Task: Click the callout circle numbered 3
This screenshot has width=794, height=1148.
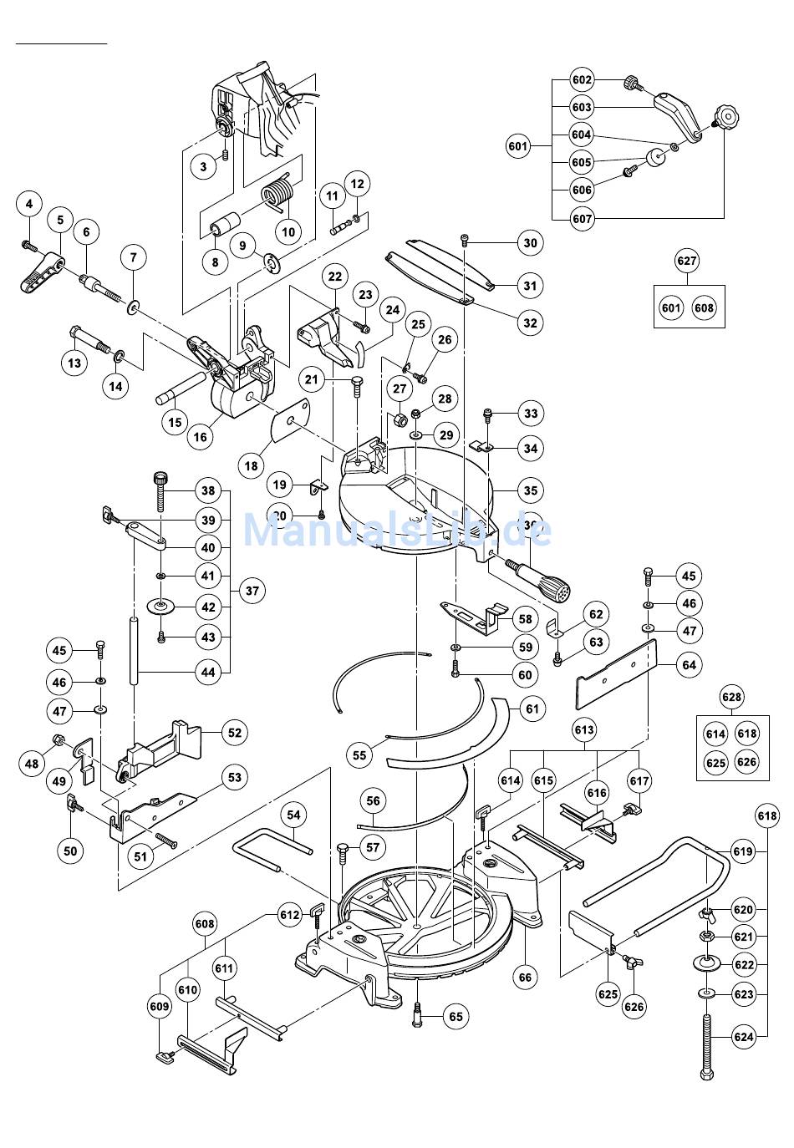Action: click(x=203, y=166)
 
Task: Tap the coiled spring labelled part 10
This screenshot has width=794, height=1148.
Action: click(x=279, y=197)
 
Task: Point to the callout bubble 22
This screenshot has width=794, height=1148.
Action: click(x=335, y=276)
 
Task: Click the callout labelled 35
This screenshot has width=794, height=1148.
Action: click(x=530, y=490)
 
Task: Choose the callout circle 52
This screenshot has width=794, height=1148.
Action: click(x=235, y=733)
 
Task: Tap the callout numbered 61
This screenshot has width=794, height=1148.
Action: click(x=531, y=709)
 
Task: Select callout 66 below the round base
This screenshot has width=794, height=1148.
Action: click(x=525, y=977)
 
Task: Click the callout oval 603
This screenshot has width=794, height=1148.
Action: click(x=582, y=108)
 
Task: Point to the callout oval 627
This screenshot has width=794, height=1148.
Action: click(x=687, y=261)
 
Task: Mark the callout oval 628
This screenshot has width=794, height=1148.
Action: click(x=731, y=697)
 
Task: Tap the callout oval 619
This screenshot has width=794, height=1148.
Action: click(x=742, y=852)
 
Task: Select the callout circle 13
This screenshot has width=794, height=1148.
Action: click(x=75, y=363)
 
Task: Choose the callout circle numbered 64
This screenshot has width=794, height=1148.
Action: click(x=689, y=665)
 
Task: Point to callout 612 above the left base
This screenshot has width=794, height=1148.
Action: click(x=289, y=915)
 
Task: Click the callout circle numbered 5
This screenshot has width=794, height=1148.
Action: click(x=60, y=220)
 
